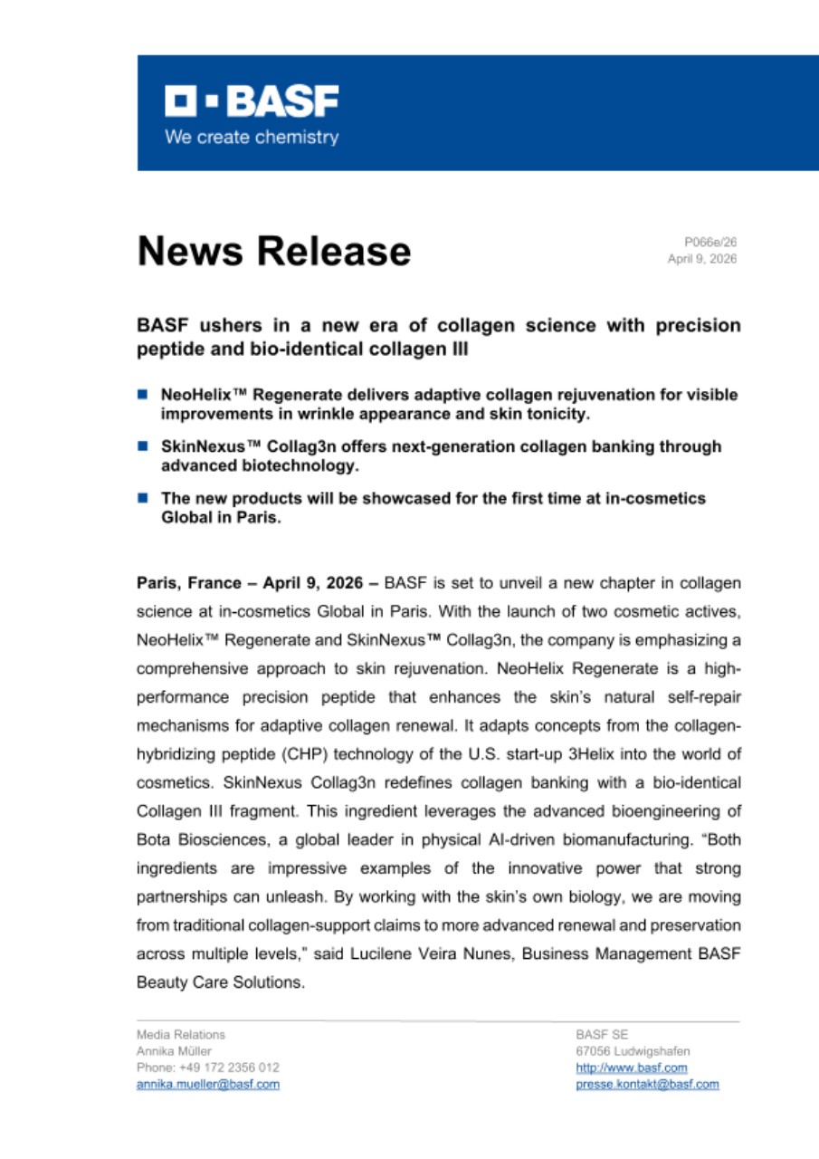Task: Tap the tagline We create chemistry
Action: [x=251, y=138]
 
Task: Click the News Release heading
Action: [x=273, y=251]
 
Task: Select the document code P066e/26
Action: [x=710, y=242]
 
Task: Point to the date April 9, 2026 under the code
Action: [x=701, y=258]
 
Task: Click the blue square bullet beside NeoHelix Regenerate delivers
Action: [x=142, y=395]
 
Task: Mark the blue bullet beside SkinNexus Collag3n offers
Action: [x=142, y=446]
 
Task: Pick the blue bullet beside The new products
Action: [x=142, y=498]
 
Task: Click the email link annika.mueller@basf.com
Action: [x=207, y=1084]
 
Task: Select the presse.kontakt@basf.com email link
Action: [x=647, y=1084]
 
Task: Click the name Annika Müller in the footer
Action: [x=174, y=1051]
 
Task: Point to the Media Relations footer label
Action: [x=181, y=1034]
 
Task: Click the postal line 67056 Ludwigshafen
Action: [x=633, y=1051]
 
